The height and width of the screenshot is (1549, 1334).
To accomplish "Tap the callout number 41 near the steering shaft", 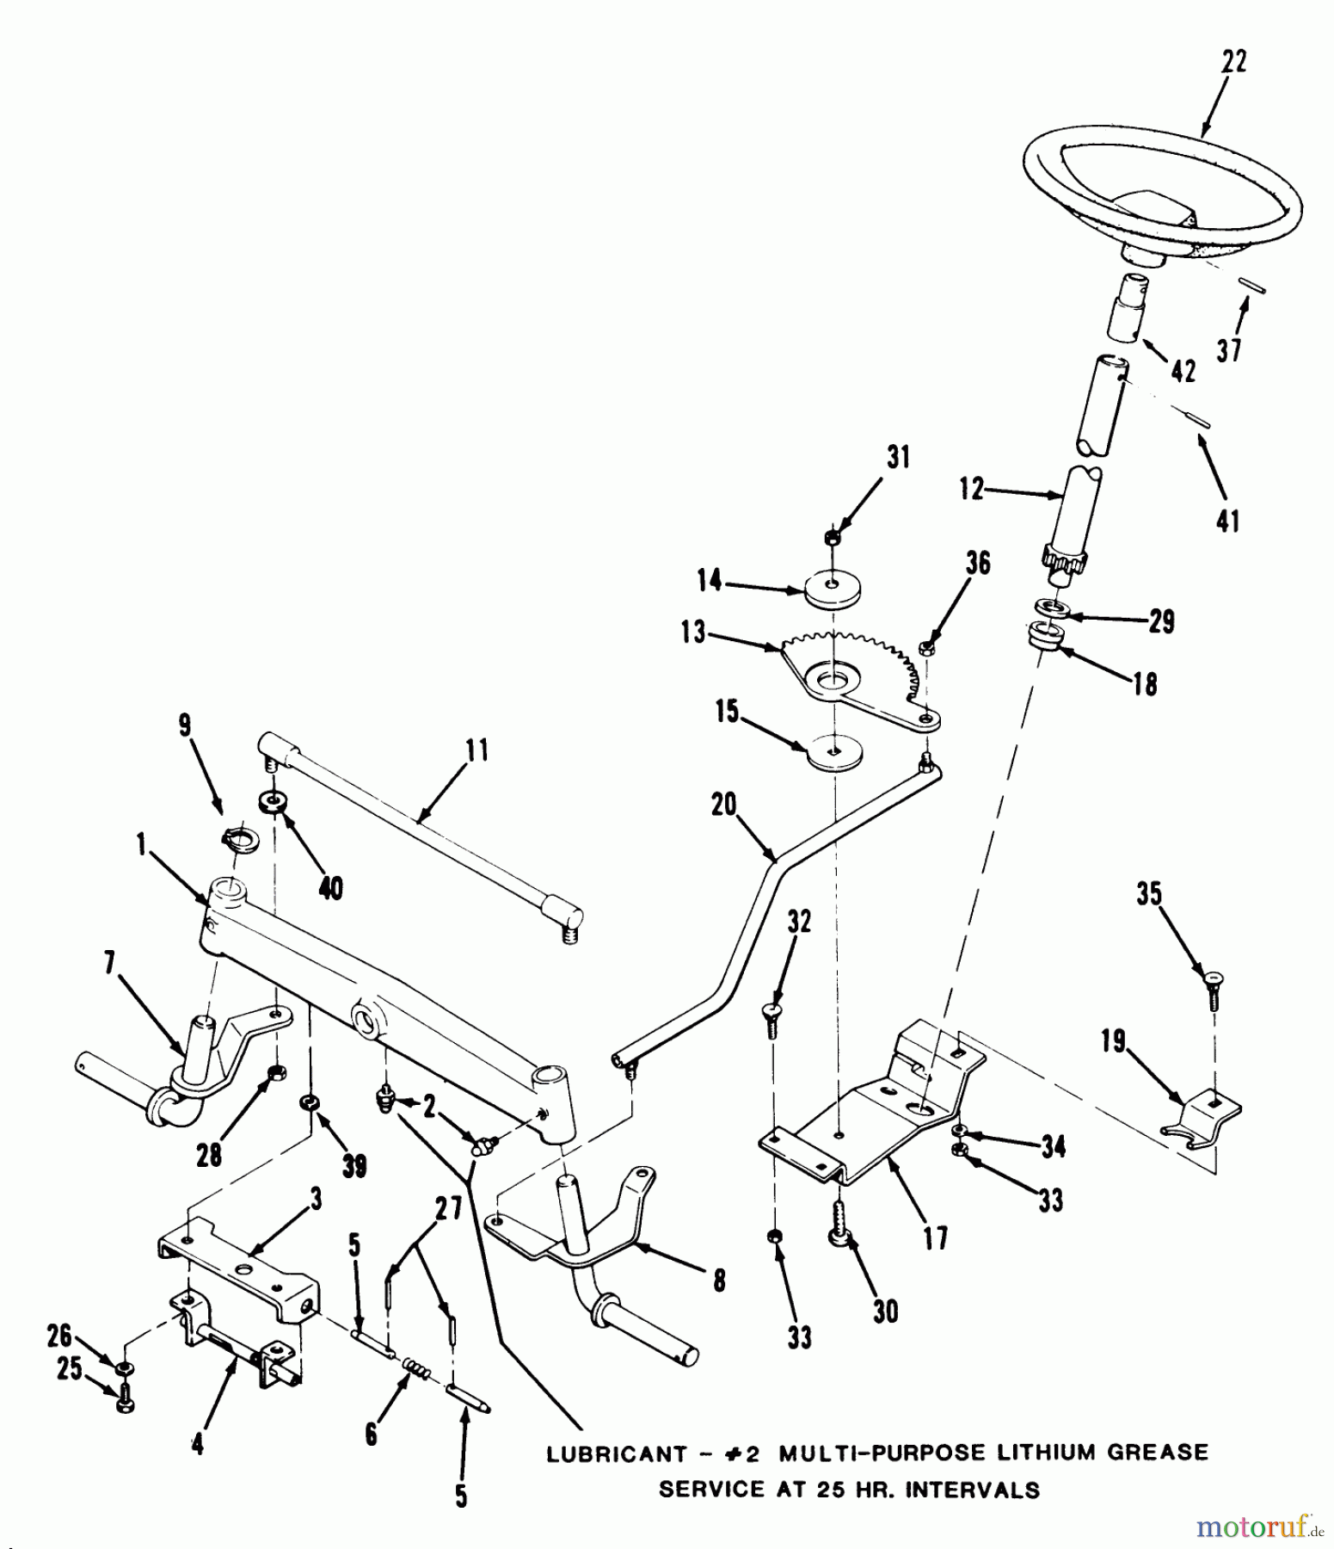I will tap(1227, 521).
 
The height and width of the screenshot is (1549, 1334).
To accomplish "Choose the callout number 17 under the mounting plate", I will tap(936, 1238).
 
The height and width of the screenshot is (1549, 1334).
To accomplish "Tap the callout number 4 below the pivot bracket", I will tap(197, 1444).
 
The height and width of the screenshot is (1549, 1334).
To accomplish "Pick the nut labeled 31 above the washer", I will tap(832, 537).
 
